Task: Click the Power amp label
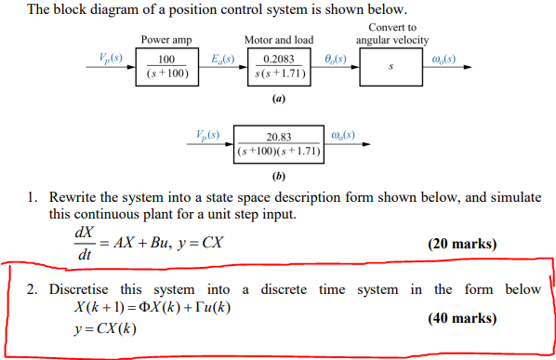167,41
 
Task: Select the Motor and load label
279,41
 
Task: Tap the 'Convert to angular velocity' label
392,34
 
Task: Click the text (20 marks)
462,245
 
